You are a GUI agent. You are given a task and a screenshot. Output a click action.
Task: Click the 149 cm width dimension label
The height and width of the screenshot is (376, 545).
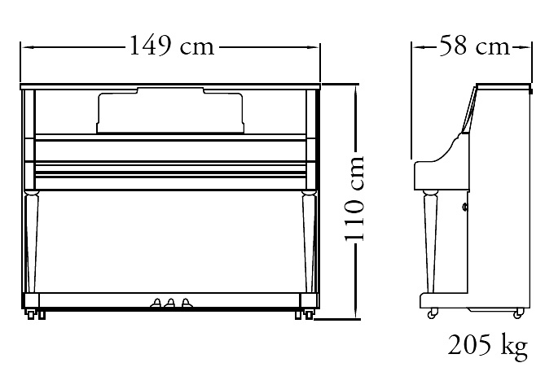(171, 46)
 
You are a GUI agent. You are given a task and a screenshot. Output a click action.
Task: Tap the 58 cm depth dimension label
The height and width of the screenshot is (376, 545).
(474, 46)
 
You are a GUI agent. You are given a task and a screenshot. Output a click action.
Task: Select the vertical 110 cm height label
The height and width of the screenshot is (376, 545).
(354, 199)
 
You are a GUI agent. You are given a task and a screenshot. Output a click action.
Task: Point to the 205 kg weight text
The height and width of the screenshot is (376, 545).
(488, 346)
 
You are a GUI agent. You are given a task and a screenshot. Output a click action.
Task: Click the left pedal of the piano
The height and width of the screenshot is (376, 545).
(156, 303)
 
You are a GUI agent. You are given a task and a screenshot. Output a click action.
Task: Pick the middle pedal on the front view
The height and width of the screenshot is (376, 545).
(170, 303)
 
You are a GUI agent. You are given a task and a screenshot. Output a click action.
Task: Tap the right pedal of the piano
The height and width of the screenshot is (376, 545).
(187, 303)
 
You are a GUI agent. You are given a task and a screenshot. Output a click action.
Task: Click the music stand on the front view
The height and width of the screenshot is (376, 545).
(170, 111)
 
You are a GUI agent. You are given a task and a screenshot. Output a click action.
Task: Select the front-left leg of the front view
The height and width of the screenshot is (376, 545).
(31, 241)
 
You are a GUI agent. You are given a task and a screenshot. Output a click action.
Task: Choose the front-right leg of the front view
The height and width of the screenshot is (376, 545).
(308, 241)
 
